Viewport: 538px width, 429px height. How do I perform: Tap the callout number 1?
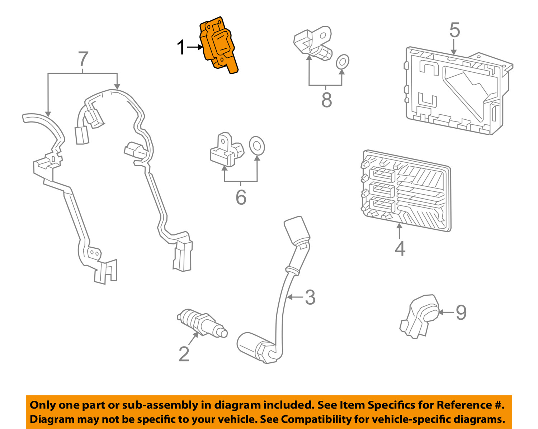tap(181, 47)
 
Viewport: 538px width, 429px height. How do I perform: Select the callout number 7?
tap(83, 59)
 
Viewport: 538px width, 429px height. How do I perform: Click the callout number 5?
tap(454, 30)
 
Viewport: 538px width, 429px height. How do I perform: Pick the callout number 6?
tap(241, 197)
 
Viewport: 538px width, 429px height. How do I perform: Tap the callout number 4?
tap(400, 248)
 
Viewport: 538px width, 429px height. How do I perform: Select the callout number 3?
tap(310, 297)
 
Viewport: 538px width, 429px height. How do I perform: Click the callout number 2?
tap(184, 354)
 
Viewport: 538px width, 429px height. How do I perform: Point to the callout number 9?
tap(461, 312)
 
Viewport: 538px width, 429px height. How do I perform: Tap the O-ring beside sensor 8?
tap(343, 62)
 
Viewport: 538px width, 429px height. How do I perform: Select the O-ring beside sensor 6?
tap(257, 146)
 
